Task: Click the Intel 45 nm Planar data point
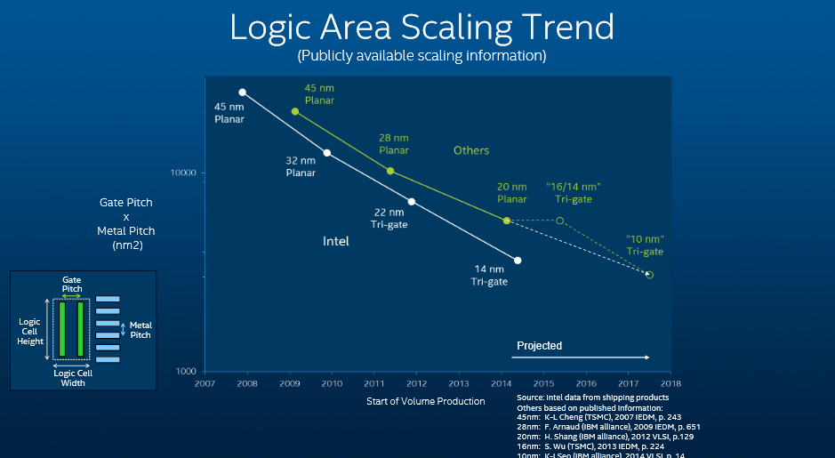(x=242, y=92)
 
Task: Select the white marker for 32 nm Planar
(x=327, y=153)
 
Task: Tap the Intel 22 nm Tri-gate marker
(x=411, y=202)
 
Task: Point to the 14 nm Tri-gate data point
(x=518, y=261)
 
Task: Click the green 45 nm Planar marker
(x=295, y=111)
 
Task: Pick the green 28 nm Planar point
(x=390, y=171)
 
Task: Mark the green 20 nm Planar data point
(x=507, y=221)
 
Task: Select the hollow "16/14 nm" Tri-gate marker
(x=559, y=221)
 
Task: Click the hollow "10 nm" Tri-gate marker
(x=649, y=275)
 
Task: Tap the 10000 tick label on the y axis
(x=183, y=173)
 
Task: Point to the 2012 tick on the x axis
(x=416, y=383)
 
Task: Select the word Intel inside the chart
(x=335, y=241)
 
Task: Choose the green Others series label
(x=471, y=150)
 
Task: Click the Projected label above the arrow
(x=540, y=346)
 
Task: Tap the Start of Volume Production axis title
(x=426, y=401)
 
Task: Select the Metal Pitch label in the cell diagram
(x=141, y=330)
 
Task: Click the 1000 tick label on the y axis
(x=186, y=371)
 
